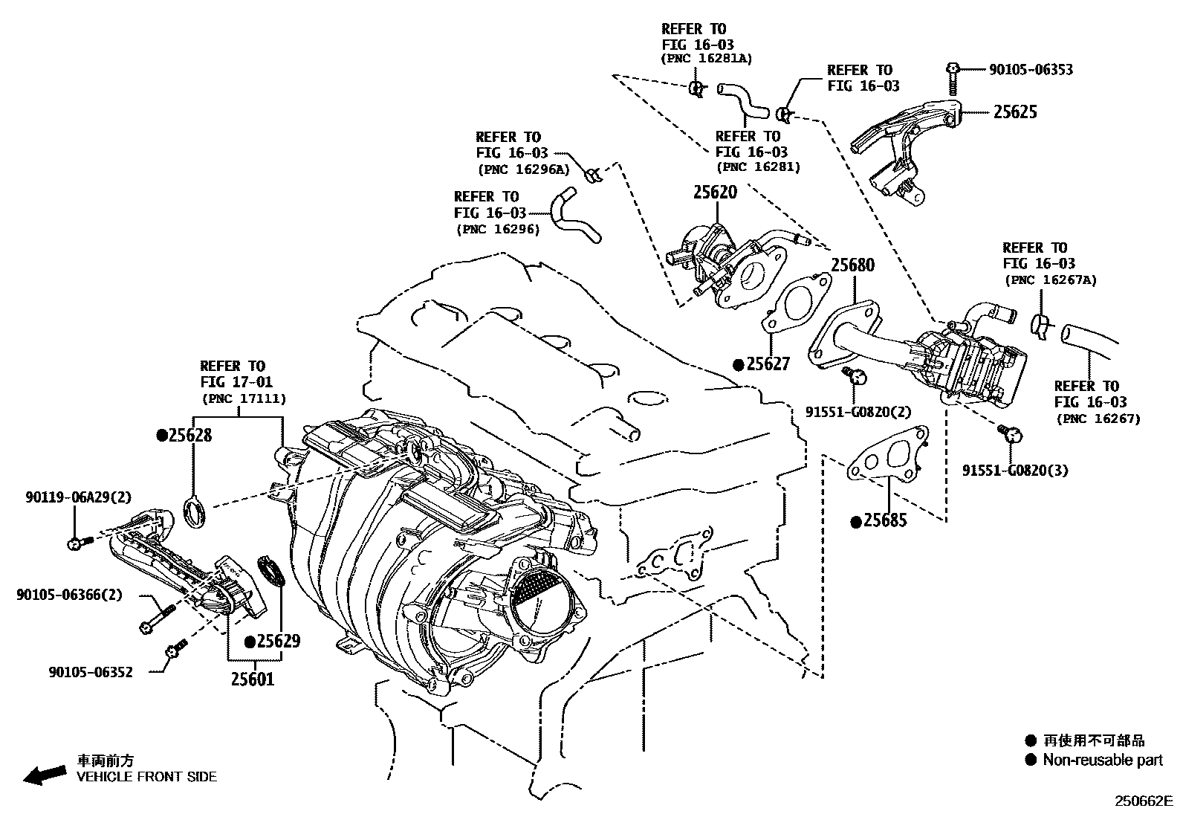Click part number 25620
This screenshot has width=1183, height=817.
[x=715, y=193]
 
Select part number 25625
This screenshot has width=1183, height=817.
[x=1015, y=112]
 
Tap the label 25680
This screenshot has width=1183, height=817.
[x=852, y=265]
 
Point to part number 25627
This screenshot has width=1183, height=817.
[x=768, y=364]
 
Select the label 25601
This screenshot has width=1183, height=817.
[x=252, y=679]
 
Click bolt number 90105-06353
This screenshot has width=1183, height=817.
[x=1031, y=70]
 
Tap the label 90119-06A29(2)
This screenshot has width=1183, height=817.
[x=68, y=497]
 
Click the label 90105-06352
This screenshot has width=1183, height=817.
[x=91, y=672]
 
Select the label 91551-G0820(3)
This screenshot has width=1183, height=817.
[x=1015, y=470]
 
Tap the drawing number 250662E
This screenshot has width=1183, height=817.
[x=1142, y=801]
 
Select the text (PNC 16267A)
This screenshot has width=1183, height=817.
[x=1050, y=280]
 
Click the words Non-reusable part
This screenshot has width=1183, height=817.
[x=1103, y=760]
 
